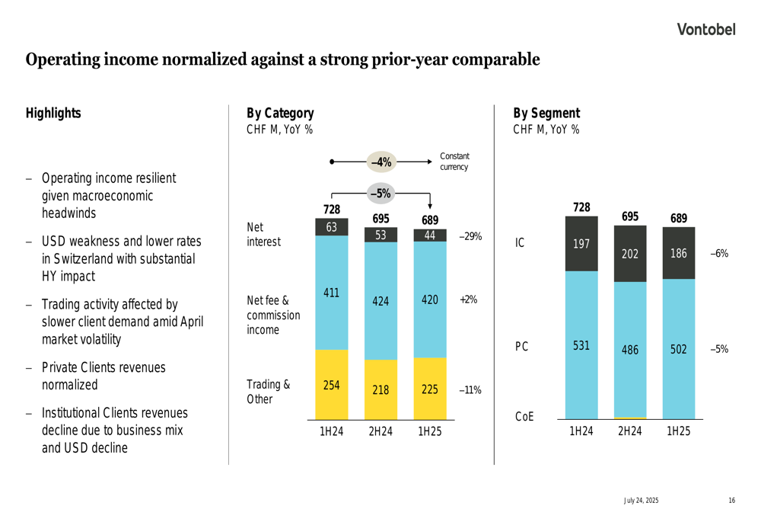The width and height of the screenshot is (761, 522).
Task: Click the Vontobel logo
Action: click(707, 30)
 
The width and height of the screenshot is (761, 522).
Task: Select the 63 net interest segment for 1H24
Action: click(331, 227)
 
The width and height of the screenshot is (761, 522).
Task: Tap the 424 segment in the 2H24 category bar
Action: click(380, 301)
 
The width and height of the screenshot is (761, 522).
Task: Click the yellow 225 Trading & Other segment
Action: click(430, 389)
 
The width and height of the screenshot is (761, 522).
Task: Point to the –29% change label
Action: click(470, 236)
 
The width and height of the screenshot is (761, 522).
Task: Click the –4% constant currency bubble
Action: click(380, 162)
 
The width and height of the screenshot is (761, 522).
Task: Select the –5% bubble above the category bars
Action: click(380, 194)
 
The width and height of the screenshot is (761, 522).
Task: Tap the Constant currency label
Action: click(454, 162)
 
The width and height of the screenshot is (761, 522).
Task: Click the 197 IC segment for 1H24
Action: click(581, 244)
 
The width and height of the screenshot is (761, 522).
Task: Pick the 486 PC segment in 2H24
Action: click(629, 350)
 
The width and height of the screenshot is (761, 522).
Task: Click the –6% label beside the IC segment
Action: click(719, 254)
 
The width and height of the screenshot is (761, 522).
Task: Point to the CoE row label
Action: click(524, 416)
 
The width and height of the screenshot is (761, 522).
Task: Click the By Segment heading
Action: click(546, 114)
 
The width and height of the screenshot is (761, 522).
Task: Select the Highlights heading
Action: click(53, 114)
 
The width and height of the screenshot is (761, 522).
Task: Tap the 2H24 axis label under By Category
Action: click(380, 431)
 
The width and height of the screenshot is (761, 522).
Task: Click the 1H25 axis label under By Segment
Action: click(679, 431)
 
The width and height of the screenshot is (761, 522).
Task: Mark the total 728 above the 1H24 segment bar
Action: click(581, 207)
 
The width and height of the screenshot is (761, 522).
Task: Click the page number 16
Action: click(731, 501)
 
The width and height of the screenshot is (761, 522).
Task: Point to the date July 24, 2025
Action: click(642, 501)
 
